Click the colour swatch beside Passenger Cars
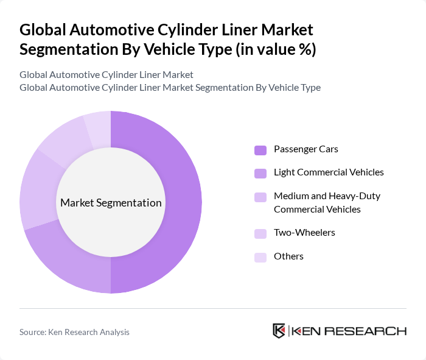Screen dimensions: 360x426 (x=260, y=150)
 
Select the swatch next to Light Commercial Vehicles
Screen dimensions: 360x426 (x=260, y=173)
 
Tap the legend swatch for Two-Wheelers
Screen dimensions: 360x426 (x=260, y=233)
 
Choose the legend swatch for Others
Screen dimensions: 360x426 (x=260, y=257)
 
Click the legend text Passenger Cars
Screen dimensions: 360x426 (x=306, y=149)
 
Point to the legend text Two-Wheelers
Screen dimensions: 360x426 (x=304, y=233)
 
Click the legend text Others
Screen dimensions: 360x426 (x=288, y=256)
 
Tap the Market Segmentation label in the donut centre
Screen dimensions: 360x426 (x=111, y=203)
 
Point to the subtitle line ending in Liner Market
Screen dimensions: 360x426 (x=106, y=74)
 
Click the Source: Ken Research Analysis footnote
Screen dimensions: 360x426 (x=74, y=332)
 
